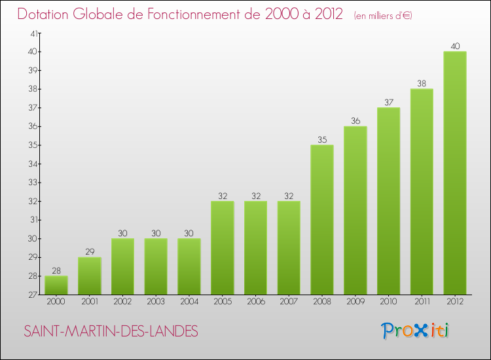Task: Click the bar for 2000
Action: coord(56,285)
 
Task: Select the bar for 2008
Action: coord(322,220)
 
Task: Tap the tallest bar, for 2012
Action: coord(455,173)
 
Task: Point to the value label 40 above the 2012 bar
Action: coord(455,46)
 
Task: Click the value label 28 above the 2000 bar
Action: coord(56,271)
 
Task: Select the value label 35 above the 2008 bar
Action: coord(322,140)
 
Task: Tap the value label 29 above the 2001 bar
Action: coord(90,252)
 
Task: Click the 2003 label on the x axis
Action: coord(156,302)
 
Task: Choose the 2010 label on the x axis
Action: coord(388,302)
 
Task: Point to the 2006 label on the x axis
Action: coord(255,302)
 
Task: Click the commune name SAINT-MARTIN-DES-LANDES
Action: coord(111,332)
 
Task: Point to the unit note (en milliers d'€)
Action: coord(383,15)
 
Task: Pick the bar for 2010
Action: coord(388,201)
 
